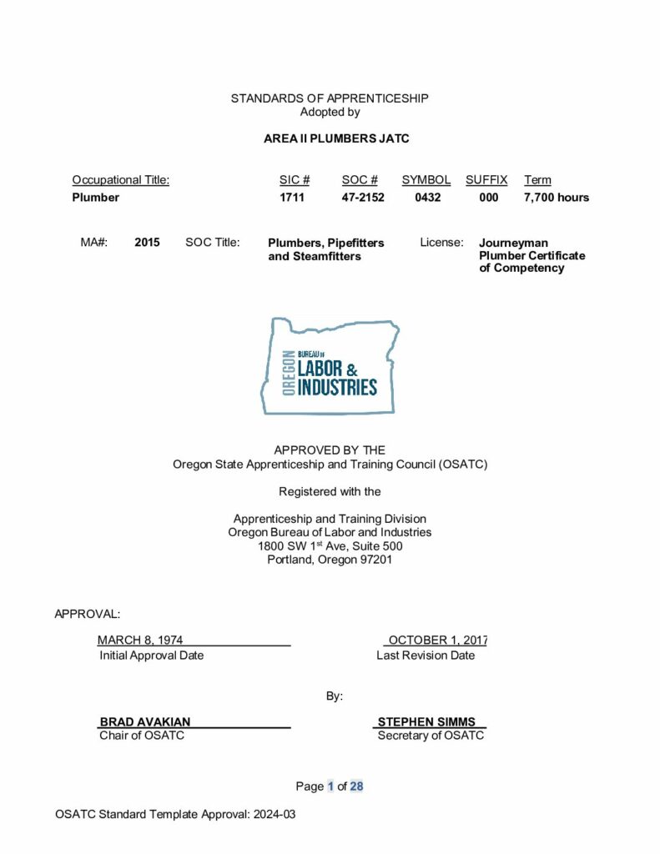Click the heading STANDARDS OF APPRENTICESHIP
click(330, 98)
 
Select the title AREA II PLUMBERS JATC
click(336, 138)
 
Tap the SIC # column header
click(295, 180)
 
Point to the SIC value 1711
click(292, 198)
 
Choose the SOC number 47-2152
click(363, 198)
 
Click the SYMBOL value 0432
click(427, 198)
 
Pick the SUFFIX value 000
click(489, 198)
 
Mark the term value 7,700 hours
click(557, 198)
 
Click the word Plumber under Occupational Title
click(96, 198)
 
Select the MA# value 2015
click(147, 243)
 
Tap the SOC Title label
click(213, 243)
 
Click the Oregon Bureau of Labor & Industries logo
click(330, 366)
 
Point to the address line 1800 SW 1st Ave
click(330, 546)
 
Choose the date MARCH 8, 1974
click(140, 640)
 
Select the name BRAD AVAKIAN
click(145, 722)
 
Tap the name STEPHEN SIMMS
click(426, 722)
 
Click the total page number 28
click(356, 786)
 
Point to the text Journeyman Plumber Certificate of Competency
click(532, 255)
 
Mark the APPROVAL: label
click(88, 614)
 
